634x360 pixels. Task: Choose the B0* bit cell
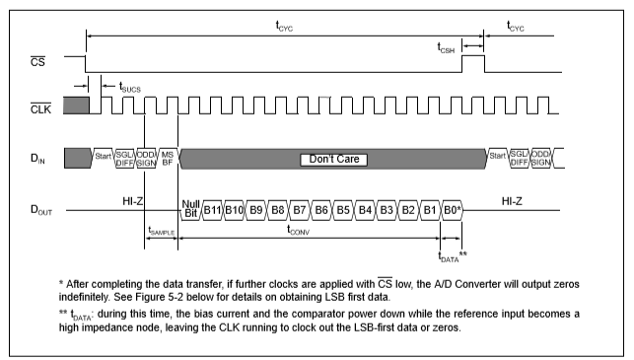coord(452,209)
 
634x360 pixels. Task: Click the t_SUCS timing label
coord(129,87)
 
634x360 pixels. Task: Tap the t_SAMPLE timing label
coord(162,231)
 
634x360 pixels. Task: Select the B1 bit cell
coord(429,209)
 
